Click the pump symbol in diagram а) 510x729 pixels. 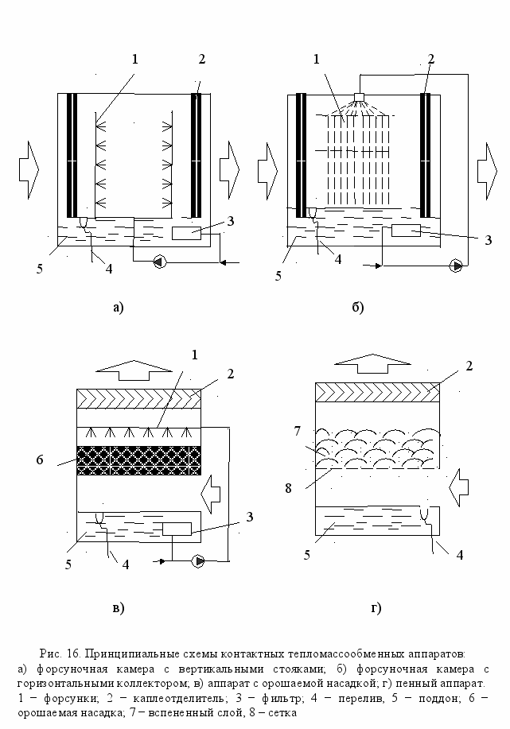pyautogui.click(x=160, y=262)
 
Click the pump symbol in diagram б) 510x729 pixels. pyautogui.click(x=456, y=266)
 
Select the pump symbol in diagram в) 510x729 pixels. pyautogui.click(x=198, y=561)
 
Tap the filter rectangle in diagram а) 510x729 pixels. pyautogui.click(x=187, y=233)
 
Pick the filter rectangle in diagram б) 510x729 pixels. pyautogui.click(x=406, y=230)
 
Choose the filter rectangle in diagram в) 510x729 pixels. pyautogui.click(x=177, y=529)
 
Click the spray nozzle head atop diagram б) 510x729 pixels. pyautogui.click(x=359, y=97)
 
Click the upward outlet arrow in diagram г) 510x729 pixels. pyautogui.click(x=373, y=363)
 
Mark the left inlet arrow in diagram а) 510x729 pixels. pyautogui.click(x=29, y=169)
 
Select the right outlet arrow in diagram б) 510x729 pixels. pyautogui.click(x=487, y=171)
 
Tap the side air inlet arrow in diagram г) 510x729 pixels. pyautogui.click(x=459, y=487)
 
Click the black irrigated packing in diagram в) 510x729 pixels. pyautogui.click(x=138, y=460)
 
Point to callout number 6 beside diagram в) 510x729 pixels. pyautogui.click(x=40, y=460)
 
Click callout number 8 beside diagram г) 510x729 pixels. pyautogui.click(x=289, y=488)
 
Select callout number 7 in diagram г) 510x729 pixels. pyautogui.click(x=298, y=431)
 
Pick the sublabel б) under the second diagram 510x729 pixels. pyautogui.click(x=357, y=307)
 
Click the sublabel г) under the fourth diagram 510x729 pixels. pyautogui.click(x=376, y=607)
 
